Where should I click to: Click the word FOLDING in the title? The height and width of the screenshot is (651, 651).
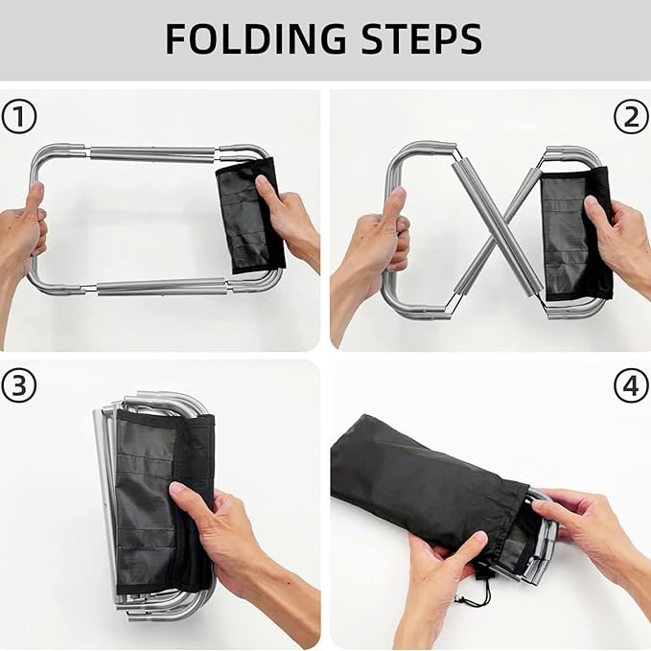click(255, 38)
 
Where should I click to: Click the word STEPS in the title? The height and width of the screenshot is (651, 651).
click(422, 38)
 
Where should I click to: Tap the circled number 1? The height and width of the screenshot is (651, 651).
click(19, 117)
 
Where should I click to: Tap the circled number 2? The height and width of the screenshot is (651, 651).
click(631, 117)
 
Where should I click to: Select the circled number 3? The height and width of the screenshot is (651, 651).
click(19, 384)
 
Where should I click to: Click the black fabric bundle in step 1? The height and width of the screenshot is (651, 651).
click(251, 216)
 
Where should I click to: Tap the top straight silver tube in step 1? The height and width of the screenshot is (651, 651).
click(152, 152)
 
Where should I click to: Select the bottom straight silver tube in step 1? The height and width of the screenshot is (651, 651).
click(162, 288)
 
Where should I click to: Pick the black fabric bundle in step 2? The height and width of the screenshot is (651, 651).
click(577, 234)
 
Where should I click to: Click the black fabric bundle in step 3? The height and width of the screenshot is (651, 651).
click(165, 502)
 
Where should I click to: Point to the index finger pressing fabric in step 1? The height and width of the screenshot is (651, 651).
click(265, 189)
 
